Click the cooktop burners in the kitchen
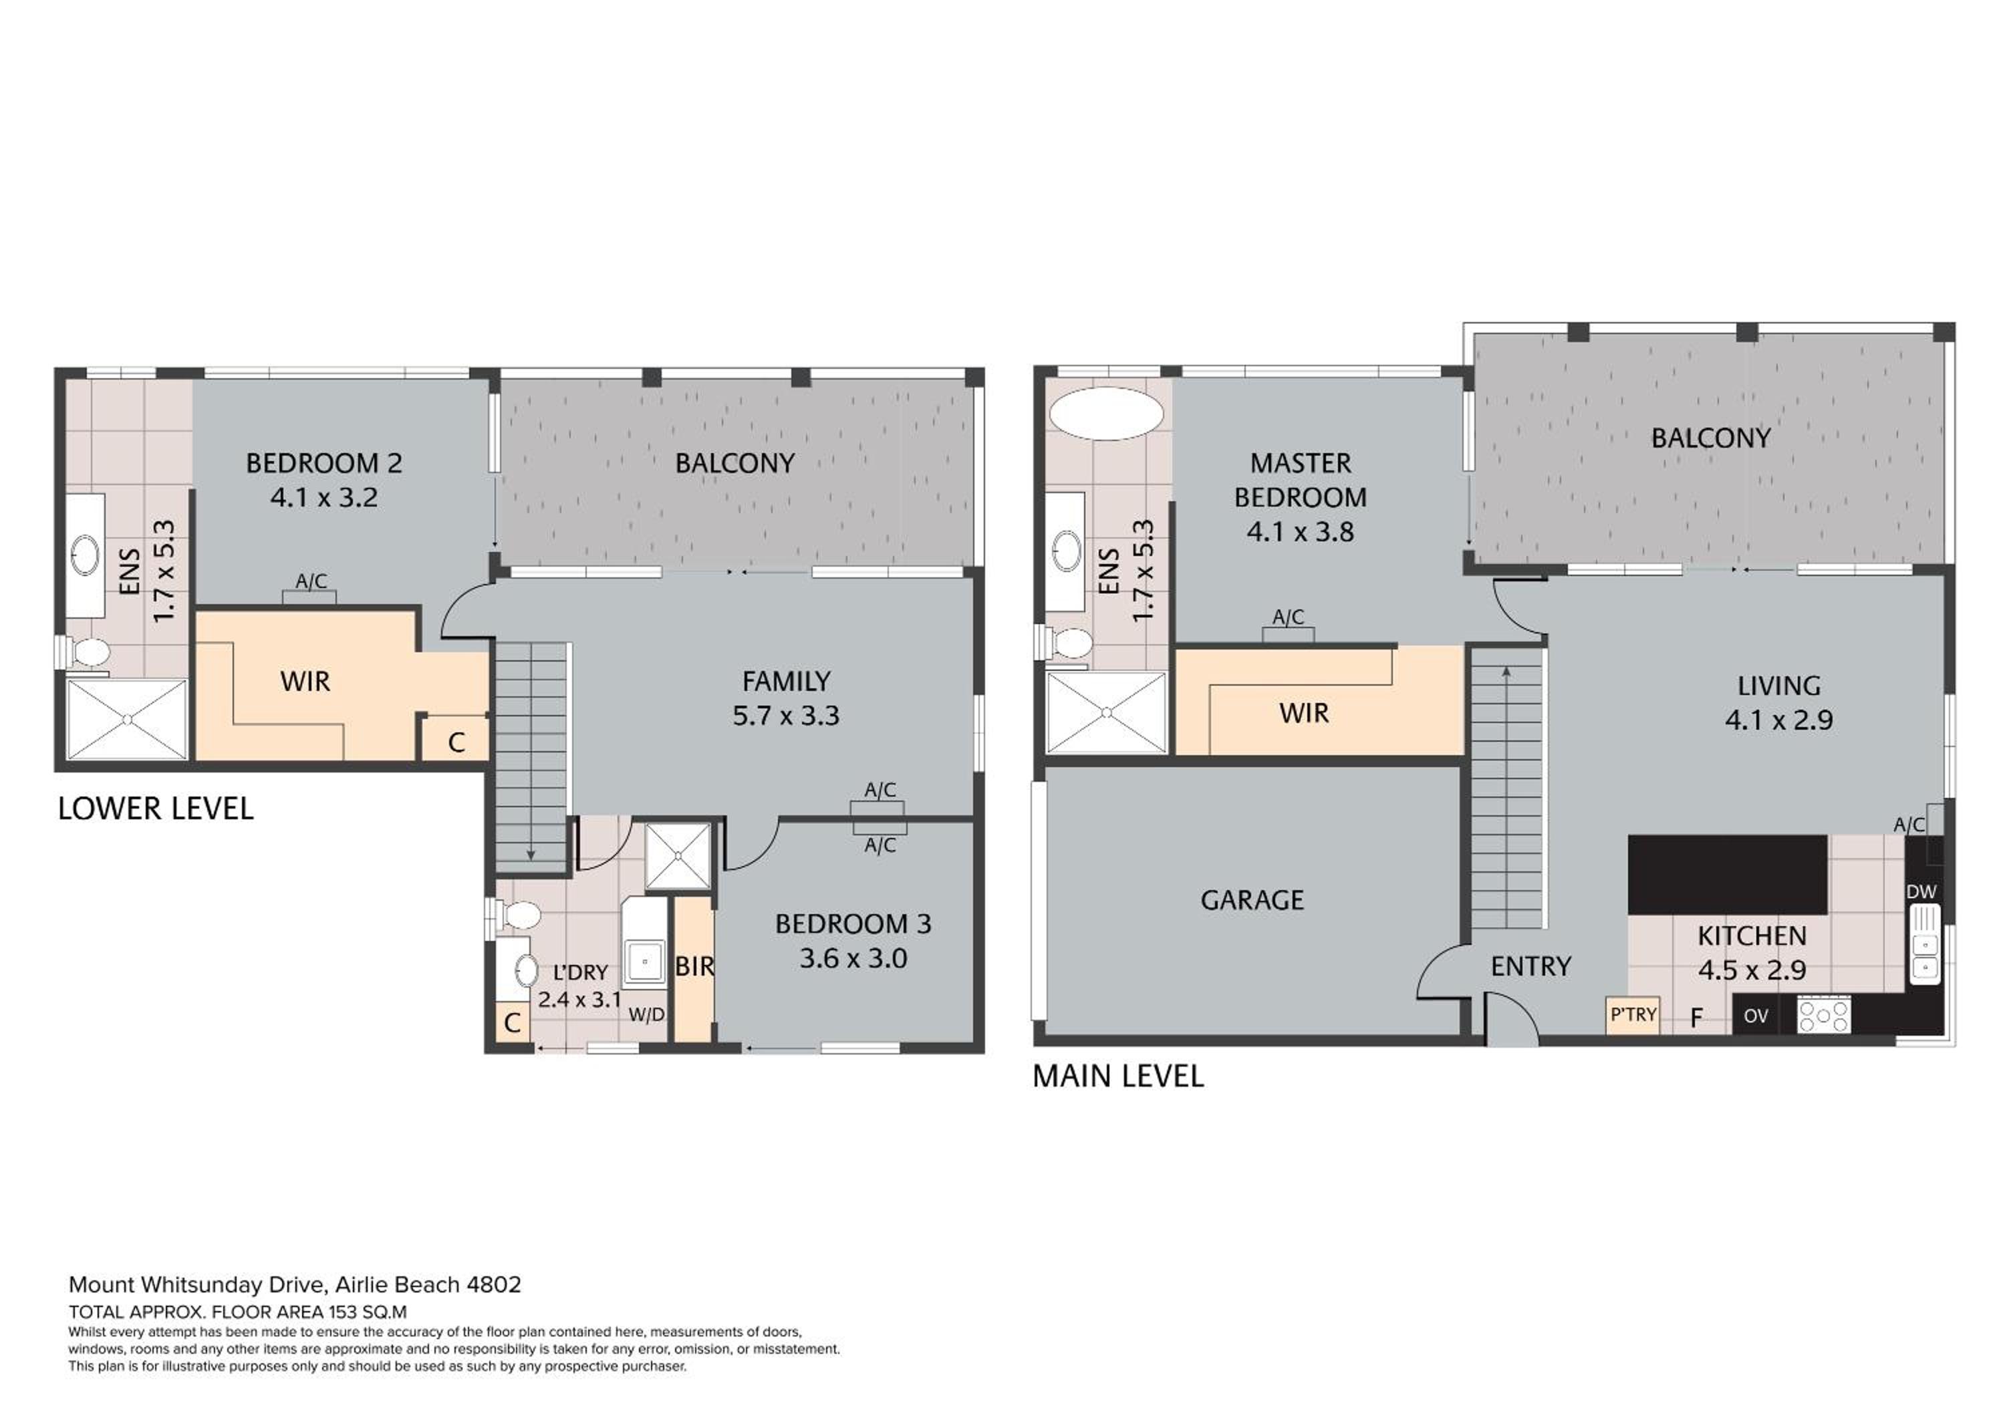pos(1823,1016)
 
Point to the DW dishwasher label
pos(1921,892)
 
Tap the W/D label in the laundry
pos(646,1014)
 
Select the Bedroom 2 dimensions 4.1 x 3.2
pos(324,498)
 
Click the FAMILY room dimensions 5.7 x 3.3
pos(786,716)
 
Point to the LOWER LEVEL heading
pos(156,809)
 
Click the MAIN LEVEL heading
pos(1117,1076)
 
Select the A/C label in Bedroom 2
pos(311,581)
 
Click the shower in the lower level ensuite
pos(128,718)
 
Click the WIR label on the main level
pos(1304,714)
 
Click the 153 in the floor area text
pos(344,1312)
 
